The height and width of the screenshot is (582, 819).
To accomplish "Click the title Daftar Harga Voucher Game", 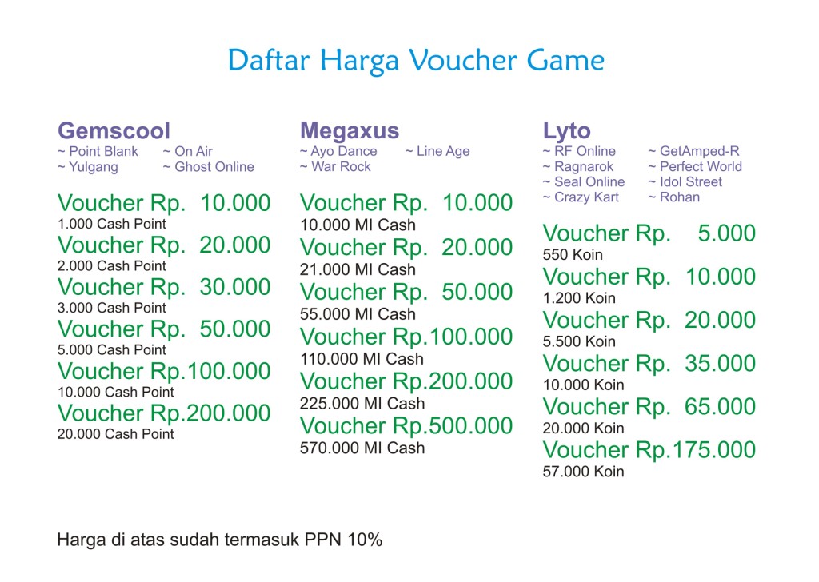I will [x=415, y=61].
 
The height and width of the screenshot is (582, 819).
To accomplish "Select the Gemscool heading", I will [x=114, y=130].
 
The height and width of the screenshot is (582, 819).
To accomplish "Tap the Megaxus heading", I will [x=349, y=130].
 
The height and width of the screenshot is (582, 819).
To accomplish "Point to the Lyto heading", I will [x=566, y=130].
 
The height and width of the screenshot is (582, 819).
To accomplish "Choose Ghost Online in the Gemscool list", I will [x=209, y=167].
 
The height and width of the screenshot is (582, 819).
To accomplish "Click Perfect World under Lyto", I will [x=695, y=166].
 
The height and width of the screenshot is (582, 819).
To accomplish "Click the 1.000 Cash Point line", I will [x=112, y=224].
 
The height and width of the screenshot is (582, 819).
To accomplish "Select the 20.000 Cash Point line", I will [x=115, y=434].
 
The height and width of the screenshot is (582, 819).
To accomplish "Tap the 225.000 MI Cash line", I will [x=362, y=404].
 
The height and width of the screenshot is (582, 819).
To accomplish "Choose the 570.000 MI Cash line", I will [x=362, y=448].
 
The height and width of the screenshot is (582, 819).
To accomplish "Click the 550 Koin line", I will [x=573, y=255].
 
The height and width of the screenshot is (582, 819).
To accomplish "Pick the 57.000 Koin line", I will [x=583, y=472].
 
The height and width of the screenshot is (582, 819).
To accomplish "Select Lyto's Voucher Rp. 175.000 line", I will [x=649, y=450].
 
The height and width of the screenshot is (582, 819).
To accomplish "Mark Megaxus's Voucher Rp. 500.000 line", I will [x=406, y=425].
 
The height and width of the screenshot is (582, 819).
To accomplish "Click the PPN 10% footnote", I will [x=219, y=540].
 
